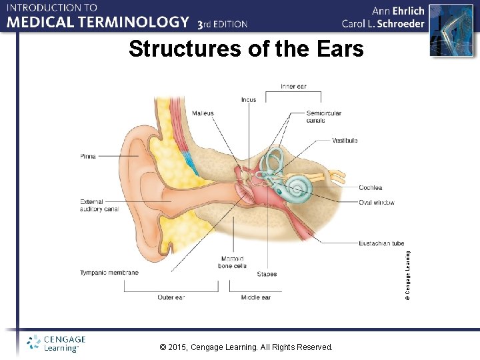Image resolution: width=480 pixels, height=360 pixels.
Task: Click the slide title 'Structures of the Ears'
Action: [246, 49]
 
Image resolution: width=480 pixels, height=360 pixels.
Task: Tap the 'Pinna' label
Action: [88, 157]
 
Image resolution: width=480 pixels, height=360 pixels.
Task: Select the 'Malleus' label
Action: [203, 113]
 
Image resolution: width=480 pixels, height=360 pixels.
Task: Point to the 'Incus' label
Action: [249, 100]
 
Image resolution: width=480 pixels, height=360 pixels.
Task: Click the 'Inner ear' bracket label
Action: [293, 87]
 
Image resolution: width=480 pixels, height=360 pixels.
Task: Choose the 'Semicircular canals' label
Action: [324, 117]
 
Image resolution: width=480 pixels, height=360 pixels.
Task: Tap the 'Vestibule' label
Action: [345, 141]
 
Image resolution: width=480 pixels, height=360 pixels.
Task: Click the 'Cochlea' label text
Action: [370, 188]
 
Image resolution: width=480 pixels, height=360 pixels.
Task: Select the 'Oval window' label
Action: [376, 203]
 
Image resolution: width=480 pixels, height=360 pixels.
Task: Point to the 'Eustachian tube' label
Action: [381, 243]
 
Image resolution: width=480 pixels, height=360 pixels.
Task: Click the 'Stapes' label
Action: [267, 274]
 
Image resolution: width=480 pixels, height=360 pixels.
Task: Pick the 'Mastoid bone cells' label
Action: [232, 262]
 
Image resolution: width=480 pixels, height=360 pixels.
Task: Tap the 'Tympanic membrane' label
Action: [109, 273]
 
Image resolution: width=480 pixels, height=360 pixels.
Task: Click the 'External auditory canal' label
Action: [99, 205]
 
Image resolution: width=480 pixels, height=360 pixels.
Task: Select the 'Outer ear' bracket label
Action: [171, 297]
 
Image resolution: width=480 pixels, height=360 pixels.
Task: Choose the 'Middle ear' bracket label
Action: [256, 297]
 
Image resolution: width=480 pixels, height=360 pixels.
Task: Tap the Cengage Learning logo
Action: [53, 343]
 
